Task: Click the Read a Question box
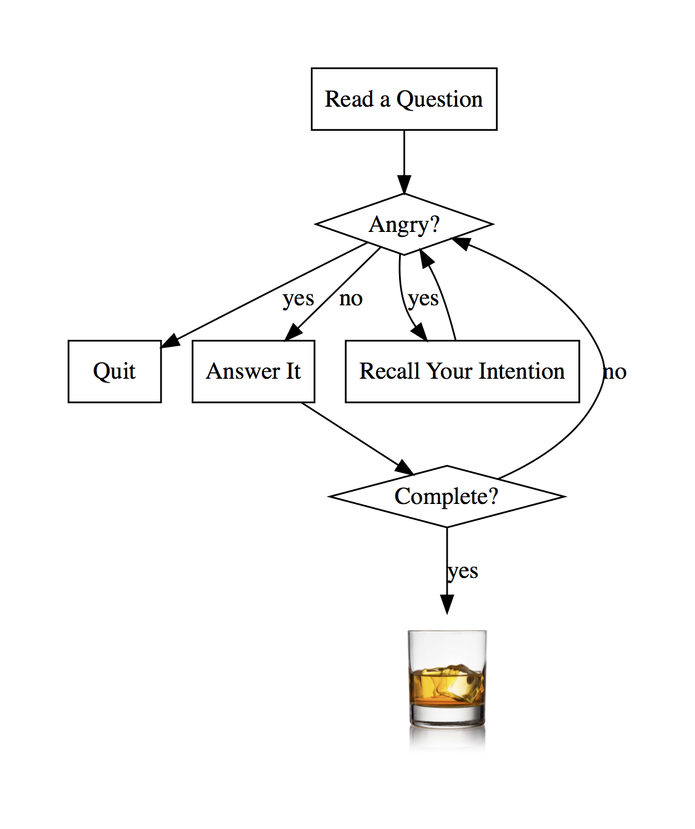click(404, 99)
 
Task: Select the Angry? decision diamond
click(404, 225)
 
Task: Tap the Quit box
click(115, 371)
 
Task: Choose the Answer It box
click(253, 371)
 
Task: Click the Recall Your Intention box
click(463, 371)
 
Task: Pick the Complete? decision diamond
click(447, 497)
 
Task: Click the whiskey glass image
click(447, 690)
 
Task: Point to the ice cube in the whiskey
click(456, 683)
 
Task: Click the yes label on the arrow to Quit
click(298, 299)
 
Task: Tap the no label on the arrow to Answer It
click(351, 299)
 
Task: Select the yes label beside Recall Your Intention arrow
click(423, 299)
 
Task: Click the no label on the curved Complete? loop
click(615, 373)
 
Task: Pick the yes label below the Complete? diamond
click(463, 572)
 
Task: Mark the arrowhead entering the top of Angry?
click(404, 184)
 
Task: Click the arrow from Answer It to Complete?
click(357, 439)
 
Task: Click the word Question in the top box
click(440, 99)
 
